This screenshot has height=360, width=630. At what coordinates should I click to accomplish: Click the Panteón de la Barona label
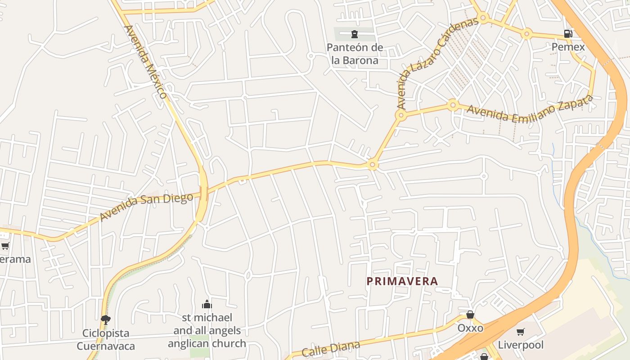[355, 54]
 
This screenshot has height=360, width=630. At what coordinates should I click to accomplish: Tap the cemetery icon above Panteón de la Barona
[355, 34]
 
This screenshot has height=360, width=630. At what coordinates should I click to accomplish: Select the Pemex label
[568, 47]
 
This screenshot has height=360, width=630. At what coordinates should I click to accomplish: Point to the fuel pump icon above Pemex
[568, 34]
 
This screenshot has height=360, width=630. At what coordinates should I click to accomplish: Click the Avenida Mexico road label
[145, 62]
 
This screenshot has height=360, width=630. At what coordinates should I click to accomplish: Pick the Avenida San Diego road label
[146, 207]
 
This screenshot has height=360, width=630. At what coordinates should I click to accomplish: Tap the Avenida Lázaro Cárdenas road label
[436, 63]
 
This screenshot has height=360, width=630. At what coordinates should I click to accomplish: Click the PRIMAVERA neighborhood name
[402, 281]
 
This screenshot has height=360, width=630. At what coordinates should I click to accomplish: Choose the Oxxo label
[470, 328]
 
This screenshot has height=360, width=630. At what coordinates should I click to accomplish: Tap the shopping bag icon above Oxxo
[470, 315]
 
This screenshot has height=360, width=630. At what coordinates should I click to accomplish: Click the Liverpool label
[521, 345]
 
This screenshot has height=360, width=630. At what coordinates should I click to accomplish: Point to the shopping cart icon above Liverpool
[521, 332]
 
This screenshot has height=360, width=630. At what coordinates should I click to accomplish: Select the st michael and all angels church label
[207, 331]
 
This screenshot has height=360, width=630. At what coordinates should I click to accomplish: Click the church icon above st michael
[207, 305]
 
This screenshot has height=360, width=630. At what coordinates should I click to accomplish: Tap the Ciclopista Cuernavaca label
[106, 340]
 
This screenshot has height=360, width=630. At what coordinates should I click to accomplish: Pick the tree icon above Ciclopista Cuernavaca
[106, 320]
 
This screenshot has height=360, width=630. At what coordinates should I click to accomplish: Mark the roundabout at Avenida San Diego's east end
[372, 165]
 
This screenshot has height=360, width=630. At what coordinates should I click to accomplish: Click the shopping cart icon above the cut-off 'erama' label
[5, 246]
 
